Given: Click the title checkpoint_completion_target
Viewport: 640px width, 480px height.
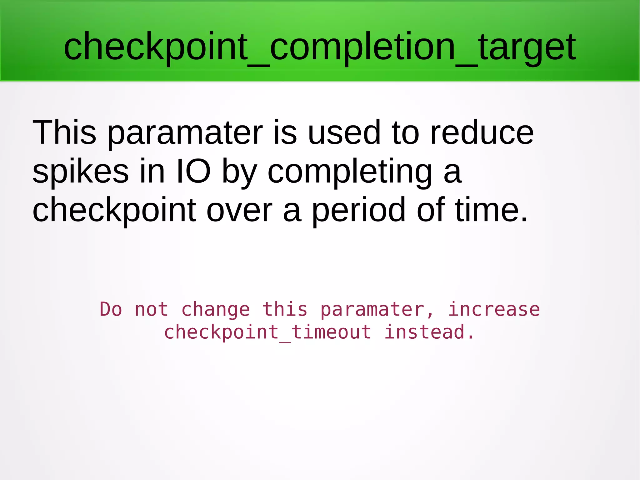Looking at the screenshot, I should pyautogui.click(x=319, y=47).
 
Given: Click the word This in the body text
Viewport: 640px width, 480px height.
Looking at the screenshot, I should pyautogui.click(x=64, y=133).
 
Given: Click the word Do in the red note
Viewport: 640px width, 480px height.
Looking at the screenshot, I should pyautogui.click(x=111, y=310).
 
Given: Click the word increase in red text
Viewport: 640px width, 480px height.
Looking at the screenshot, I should pyautogui.click(x=494, y=310).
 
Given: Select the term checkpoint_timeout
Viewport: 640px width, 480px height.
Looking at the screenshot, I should pyautogui.click(x=268, y=332).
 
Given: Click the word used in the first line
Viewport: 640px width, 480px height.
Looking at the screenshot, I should pyautogui.click(x=344, y=133).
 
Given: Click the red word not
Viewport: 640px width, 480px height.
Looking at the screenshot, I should pyautogui.click(x=151, y=310).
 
